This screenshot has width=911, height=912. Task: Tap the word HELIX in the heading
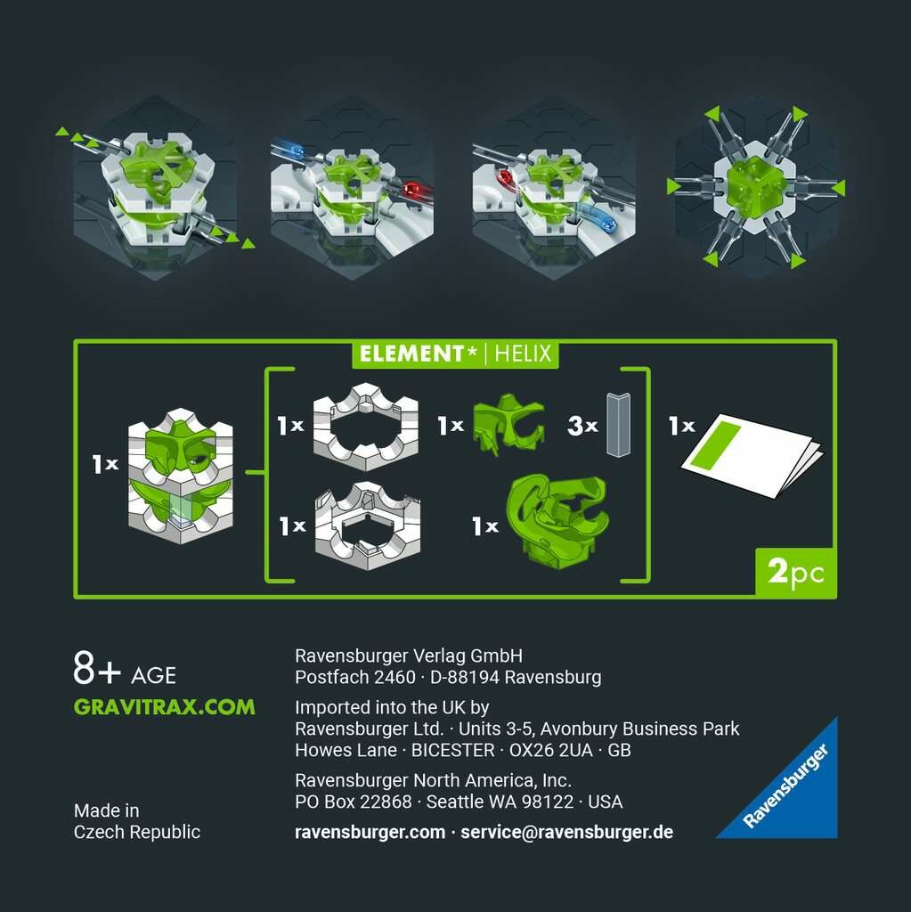(x=523, y=354)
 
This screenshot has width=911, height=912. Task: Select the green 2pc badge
(x=796, y=573)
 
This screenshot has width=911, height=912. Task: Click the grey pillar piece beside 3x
(x=618, y=424)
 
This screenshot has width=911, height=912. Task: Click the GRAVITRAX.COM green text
(x=164, y=706)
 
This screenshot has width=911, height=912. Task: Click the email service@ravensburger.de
(x=566, y=832)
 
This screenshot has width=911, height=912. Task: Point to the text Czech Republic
(x=137, y=832)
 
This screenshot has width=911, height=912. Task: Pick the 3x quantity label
(x=582, y=426)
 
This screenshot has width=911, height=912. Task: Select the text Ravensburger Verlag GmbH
(x=409, y=656)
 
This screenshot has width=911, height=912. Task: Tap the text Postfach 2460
(x=354, y=677)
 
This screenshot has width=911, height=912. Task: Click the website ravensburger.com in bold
(x=370, y=832)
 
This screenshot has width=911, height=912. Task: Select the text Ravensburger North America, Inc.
(x=433, y=780)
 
